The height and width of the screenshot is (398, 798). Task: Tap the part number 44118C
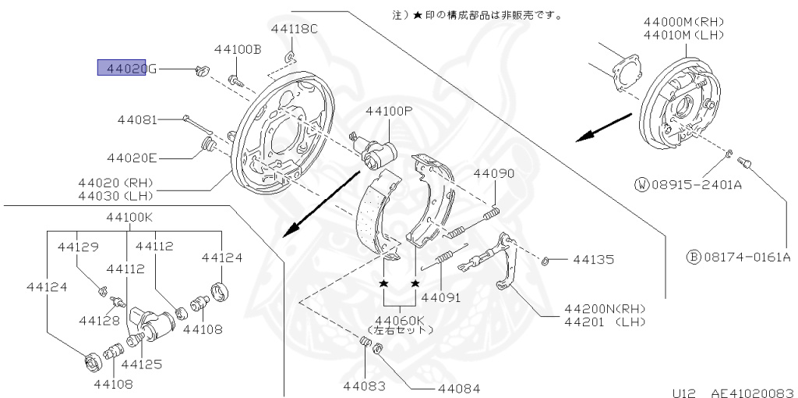pos(295,29)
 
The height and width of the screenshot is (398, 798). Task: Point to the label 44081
pos(137,120)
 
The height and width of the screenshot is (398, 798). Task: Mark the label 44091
pos(441,297)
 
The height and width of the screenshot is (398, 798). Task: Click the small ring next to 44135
pos(547,259)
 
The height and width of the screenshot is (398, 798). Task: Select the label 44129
pos(78,247)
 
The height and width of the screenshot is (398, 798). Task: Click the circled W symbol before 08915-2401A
pos(641,185)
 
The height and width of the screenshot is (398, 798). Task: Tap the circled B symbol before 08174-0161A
pos(692,256)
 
